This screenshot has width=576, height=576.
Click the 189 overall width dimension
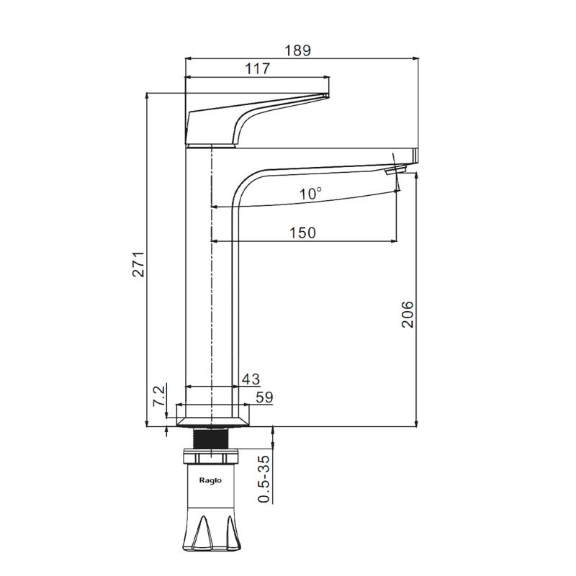(298, 50)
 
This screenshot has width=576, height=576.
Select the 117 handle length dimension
(258, 68)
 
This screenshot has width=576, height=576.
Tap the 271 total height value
(139, 264)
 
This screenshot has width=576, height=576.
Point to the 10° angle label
(311, 193)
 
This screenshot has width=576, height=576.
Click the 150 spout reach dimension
(302, 233)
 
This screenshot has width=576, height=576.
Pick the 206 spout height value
(408, 315)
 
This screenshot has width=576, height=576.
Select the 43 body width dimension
(251, 379)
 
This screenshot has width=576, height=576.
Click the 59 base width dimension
(264, 397)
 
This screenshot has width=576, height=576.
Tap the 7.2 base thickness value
(158, 396)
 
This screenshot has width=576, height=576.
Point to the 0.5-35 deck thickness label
(264, 479)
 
